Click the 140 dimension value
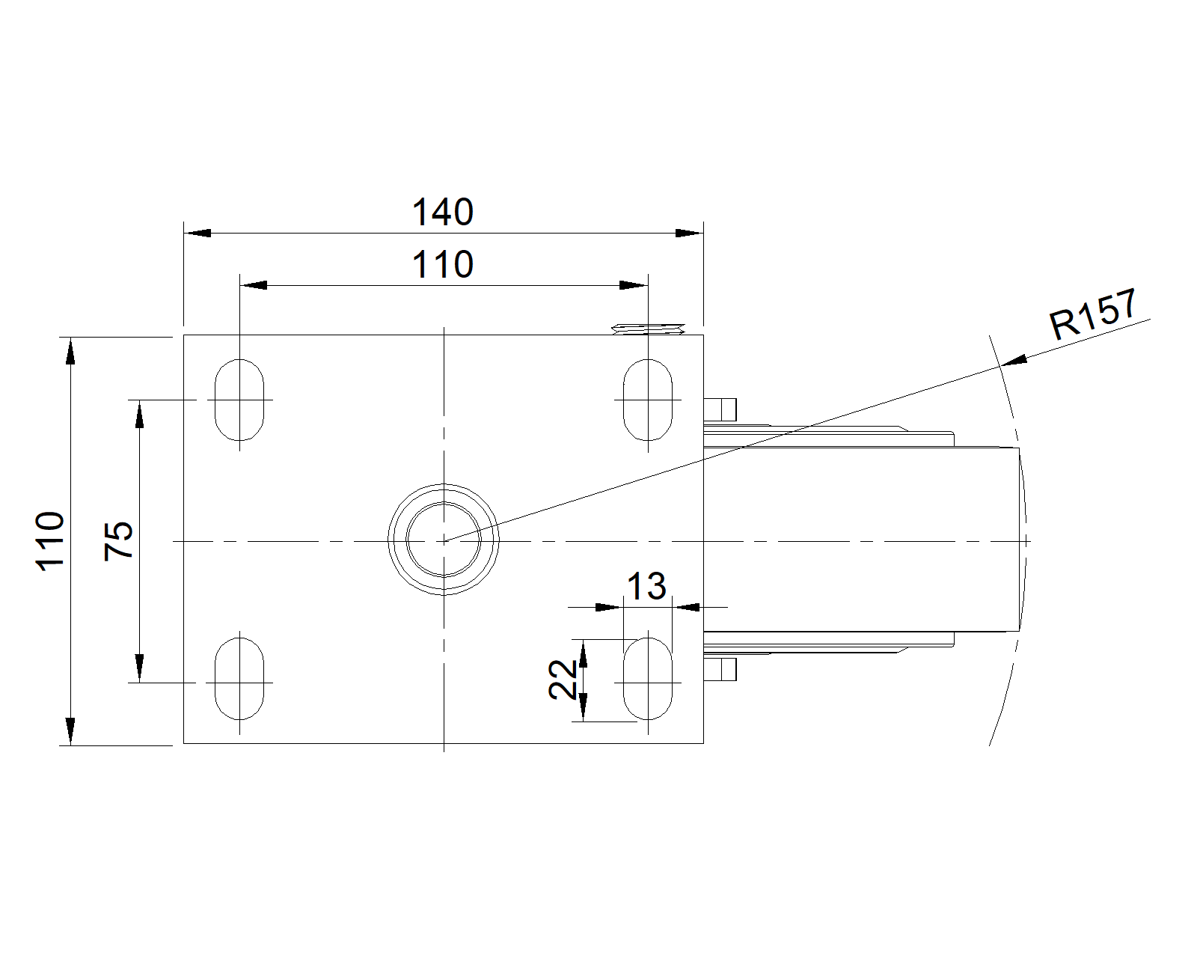click(x=442, y=212)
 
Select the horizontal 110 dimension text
click(x=442, y=264)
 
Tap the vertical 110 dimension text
click(x=50, y=541)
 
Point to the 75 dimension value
click(x=118, y=540)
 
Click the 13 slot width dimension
click(x=646, y=586)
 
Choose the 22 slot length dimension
click(x=563, y=680)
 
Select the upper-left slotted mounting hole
click(x=239, y=400)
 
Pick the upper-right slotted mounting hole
click(x=648, y=400)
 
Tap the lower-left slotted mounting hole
click(x=239, y=679)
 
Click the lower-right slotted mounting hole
click(x=648, y=679)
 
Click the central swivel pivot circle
click(x=444, y=540)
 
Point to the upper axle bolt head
click(x=720, y=409)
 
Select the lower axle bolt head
click(x=720, y=669)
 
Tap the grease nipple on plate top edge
click(x=648, y=329)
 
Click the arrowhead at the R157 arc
click(x=1014, y=361)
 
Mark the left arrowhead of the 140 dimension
click(x=198, y=233)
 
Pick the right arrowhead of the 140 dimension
click(x=690, y=233)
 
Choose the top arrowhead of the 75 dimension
click(x=139, y=414)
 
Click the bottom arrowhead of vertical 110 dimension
click(x=70, y=731)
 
